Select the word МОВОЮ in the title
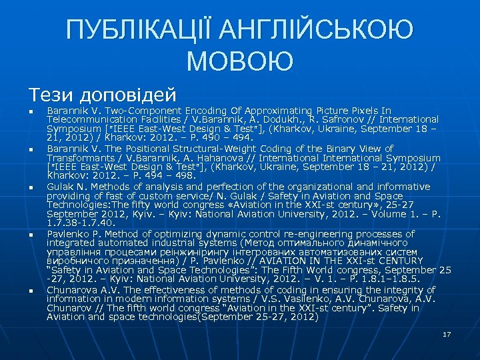point(240,61)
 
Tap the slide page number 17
point(447,333)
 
